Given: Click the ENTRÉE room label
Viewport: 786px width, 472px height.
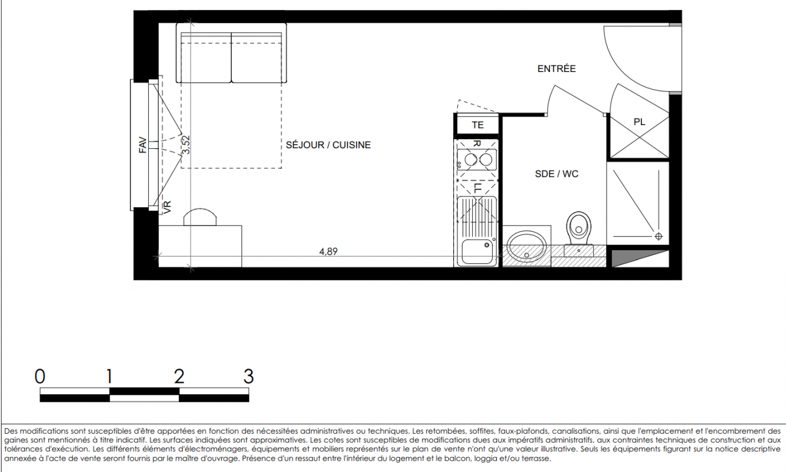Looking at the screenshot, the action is [556, 69].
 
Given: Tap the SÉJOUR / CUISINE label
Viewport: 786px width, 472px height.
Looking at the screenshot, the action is [328, 145].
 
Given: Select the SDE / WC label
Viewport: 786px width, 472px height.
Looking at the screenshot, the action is [556, 173].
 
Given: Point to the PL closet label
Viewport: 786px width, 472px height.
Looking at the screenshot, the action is [639, 122].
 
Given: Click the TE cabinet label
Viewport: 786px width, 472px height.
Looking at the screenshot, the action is [477, 125].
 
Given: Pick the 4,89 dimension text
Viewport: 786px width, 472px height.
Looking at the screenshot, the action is [328, 251].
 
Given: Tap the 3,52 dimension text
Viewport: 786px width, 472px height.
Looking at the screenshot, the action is [186, 145].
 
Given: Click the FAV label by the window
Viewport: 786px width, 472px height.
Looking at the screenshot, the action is [142, 145].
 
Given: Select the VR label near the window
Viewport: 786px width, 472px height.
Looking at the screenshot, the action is [168, 207].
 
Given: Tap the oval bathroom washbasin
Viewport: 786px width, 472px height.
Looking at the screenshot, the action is [526, 247].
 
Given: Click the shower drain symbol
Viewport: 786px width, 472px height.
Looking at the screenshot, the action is [659, 237].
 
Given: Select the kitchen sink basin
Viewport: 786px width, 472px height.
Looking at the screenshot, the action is [477, 251].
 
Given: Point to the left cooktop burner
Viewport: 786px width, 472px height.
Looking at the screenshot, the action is [470, 160].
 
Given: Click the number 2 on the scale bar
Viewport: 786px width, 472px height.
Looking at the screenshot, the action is [179, 376].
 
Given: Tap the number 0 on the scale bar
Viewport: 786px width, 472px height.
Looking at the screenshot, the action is [40, 376].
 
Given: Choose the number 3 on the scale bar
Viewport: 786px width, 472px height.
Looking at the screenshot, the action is [248, 376].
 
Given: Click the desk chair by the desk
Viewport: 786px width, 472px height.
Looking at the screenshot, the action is [200, 217].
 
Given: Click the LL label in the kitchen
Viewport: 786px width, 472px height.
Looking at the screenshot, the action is [477, 188].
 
